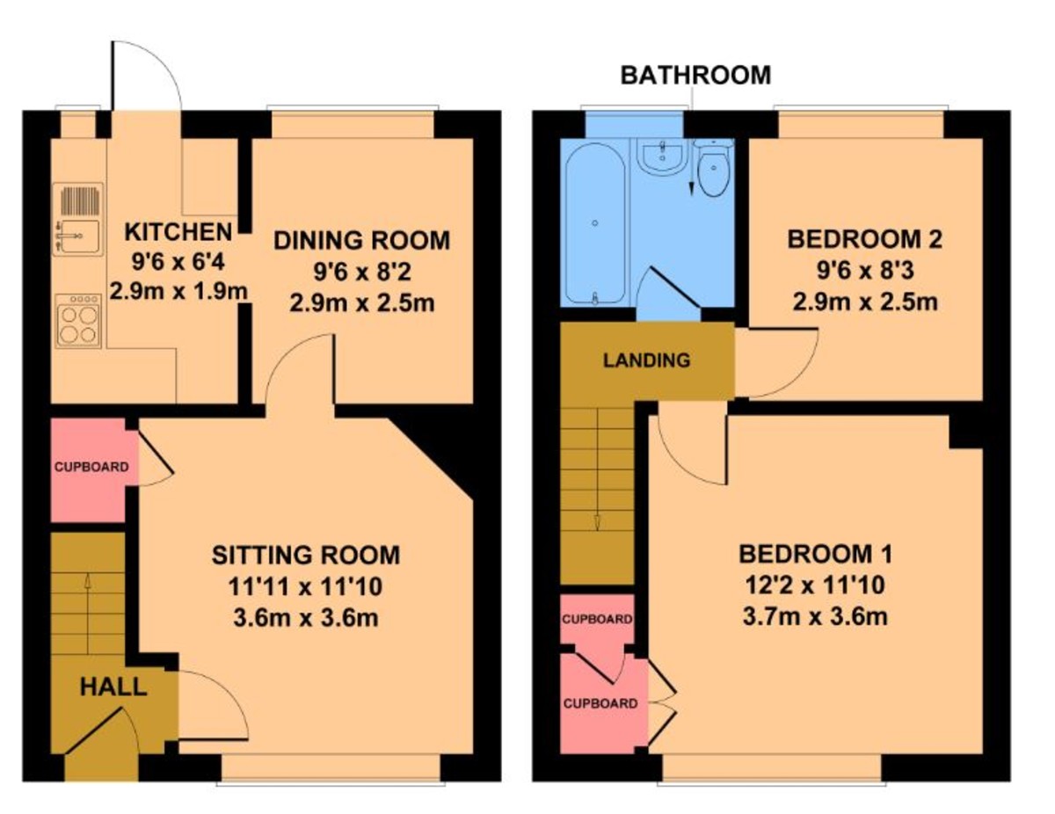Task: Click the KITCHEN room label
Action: (178, 233)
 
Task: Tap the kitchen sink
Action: (77, 220)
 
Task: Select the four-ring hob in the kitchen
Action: (77, 321)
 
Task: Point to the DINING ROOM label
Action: (361, 240)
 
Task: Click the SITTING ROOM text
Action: (306, 556)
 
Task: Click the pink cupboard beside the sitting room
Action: (88, 469)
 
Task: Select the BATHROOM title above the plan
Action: (695, 76)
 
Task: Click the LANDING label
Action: (646, 360)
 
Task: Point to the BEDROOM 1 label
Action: (815, 555)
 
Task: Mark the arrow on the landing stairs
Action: (597, 522)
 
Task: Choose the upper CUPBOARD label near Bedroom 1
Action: (597, 619)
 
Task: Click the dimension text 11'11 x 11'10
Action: (306, 586)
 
